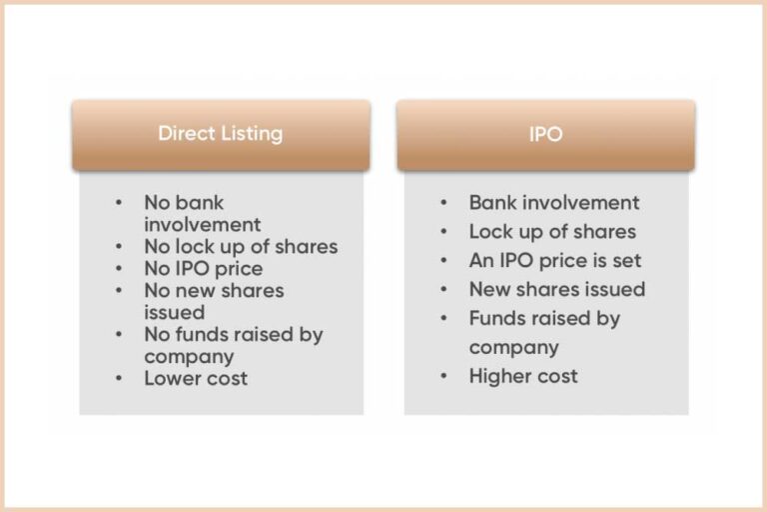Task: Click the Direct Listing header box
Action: click(x=220, y=134)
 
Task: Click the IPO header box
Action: click(x=545, y=134)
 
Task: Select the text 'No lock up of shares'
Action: click(x=241, y=246)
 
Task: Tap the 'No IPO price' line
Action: click(x=203, y=268)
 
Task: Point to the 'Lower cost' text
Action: click(x=196, y=378)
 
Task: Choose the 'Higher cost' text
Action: click(x=523, y=376)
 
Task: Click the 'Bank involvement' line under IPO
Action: click(x=554, y=202)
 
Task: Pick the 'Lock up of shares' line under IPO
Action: click(x=552, y=231)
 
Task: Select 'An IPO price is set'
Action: click(x=555, y=260)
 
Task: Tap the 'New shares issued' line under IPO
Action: click(x=557, y=289)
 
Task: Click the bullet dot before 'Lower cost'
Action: click(x=120, y=378)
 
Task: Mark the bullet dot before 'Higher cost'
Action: click(x=444, y=377)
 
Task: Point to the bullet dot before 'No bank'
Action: click(x=120, y=202)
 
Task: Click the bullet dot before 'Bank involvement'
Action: click(x=444, y=203)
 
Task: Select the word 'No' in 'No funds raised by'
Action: click(x=158, y=334)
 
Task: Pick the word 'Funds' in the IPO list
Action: click(x=495, y=318)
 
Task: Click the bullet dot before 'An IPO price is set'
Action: click(x=444, y=261)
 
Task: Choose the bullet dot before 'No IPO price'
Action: click(x=120, y=268)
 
